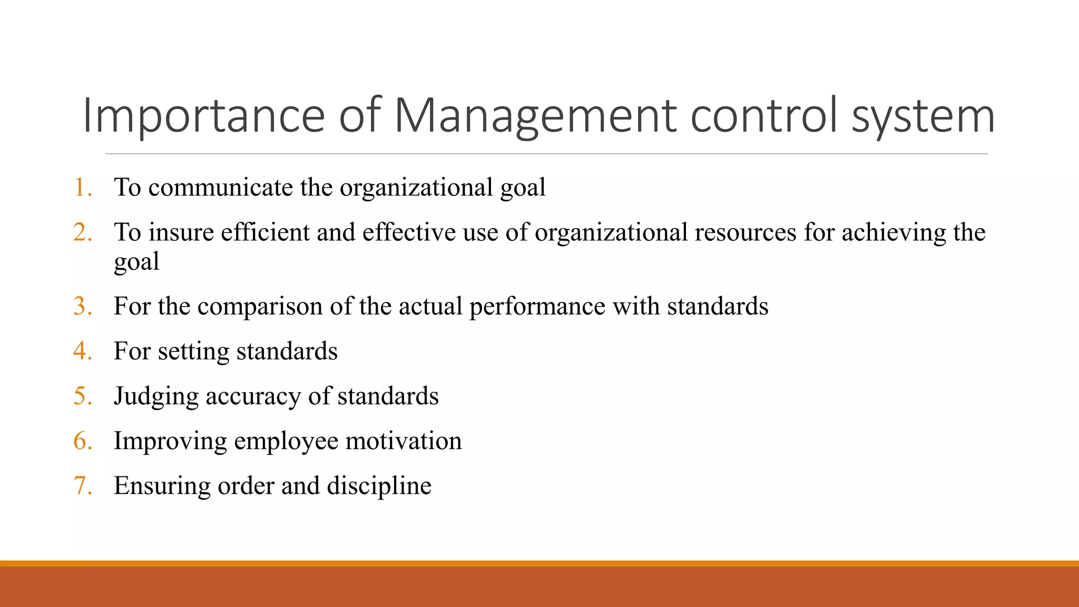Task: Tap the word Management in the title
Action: (535, 116)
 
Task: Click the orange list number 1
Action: (82, 188)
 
